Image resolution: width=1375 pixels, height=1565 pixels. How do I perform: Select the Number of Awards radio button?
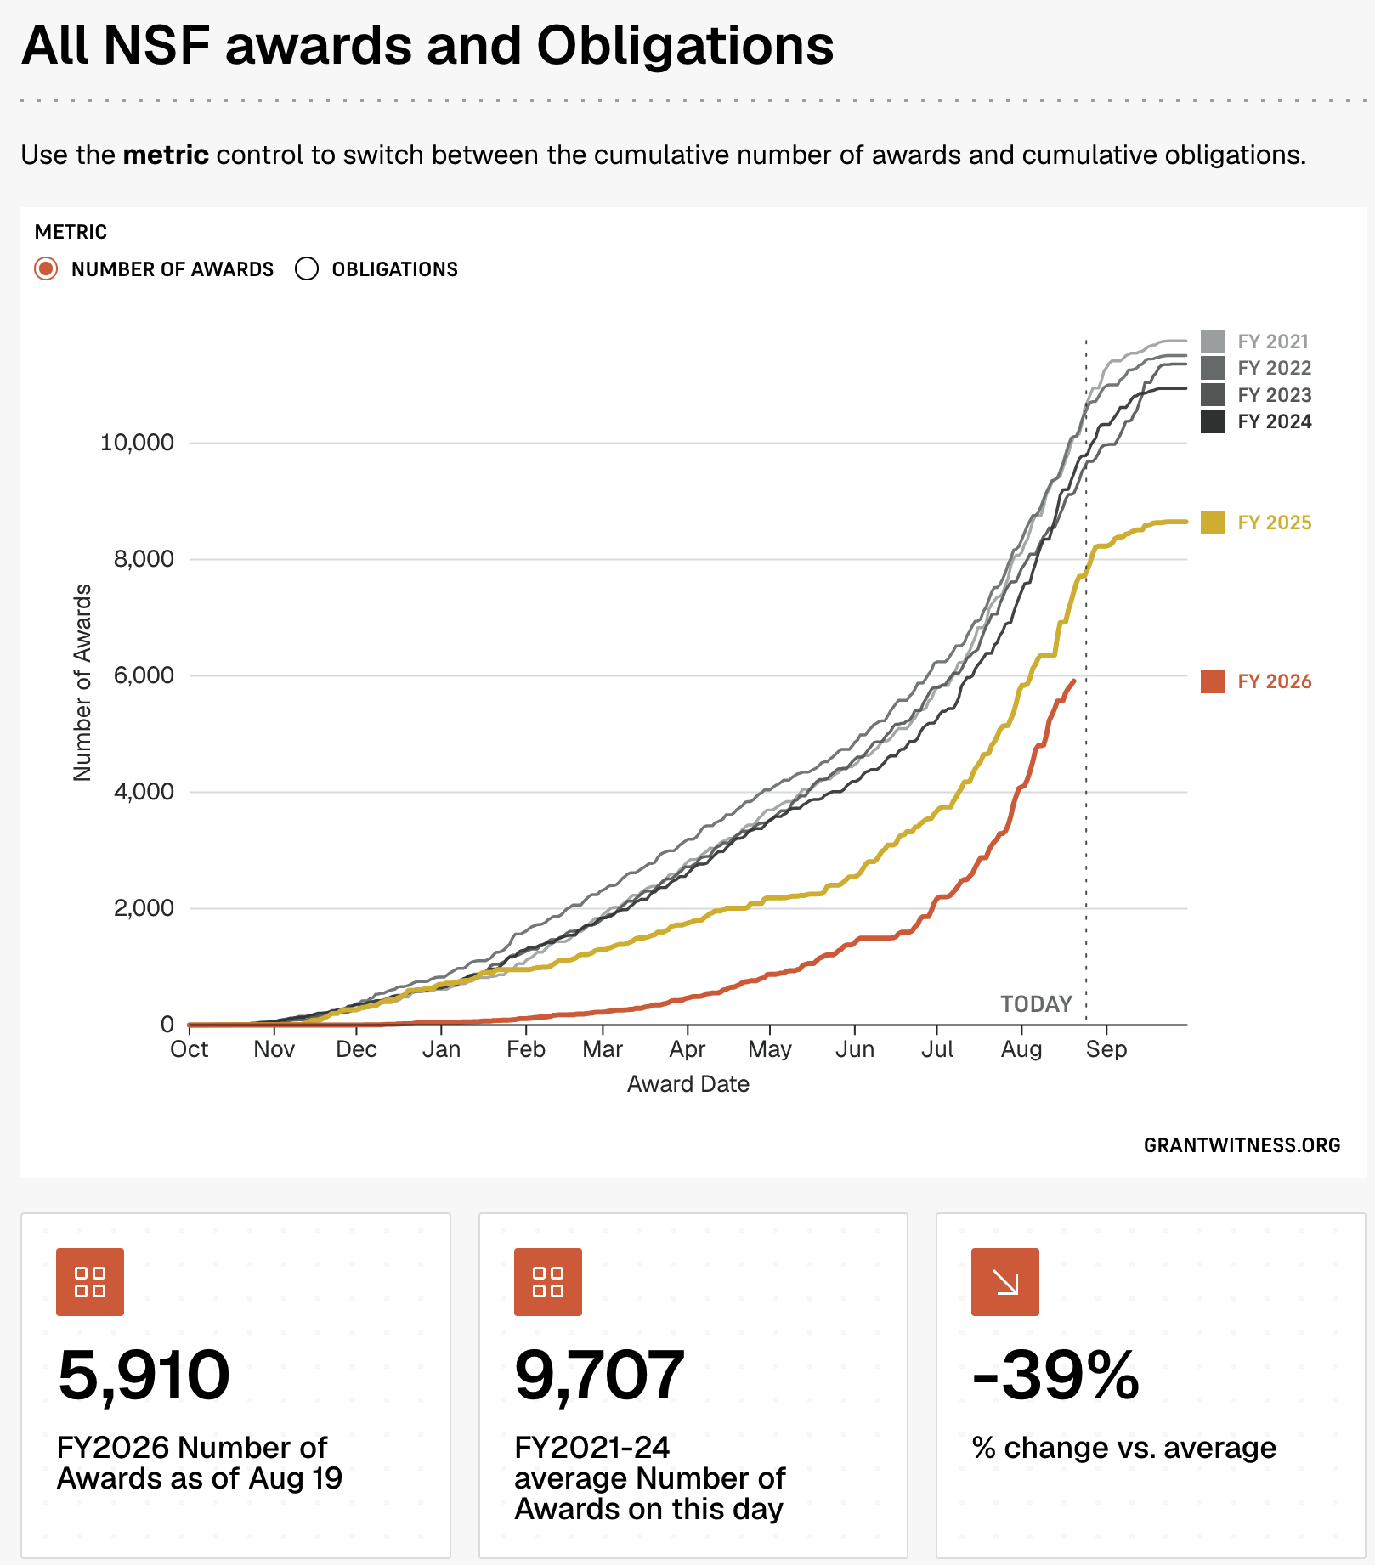tap(46, 269)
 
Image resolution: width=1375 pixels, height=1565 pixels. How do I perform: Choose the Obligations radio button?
tap(307, 269)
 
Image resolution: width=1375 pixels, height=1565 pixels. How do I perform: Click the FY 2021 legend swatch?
tap(1213, 342)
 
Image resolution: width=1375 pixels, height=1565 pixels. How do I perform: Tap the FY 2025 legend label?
tap(1275, 523)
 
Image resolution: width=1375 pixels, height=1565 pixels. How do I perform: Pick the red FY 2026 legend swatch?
tap(1213, 681)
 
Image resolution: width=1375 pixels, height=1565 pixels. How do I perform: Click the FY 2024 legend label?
tap(1275, 421)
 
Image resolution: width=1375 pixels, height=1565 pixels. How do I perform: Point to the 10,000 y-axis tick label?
tap(137, 443)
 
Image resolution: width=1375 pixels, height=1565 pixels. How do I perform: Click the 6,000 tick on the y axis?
tap(144, 675)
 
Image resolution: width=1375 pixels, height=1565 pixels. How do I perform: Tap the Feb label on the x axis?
tap(526, 1049)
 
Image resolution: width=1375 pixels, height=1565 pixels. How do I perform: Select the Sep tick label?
tap(1106, 1049)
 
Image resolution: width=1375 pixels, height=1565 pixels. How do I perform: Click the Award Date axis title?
tap(688, 1084)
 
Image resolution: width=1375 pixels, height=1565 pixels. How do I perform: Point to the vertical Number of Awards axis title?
tap(82, 682)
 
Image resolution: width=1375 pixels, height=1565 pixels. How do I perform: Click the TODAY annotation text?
tap(1037, 1004)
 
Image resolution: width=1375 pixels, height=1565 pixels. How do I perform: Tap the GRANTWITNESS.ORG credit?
tap(1242, 1145)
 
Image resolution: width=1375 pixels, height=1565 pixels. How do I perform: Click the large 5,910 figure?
tap(144, 1376)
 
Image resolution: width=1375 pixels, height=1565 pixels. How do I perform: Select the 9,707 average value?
tap(600, 1376)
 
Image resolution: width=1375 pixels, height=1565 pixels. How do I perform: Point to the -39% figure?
tap(1055, 1376)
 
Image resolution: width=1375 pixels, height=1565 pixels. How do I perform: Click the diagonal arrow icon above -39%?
tap(1005, 1282)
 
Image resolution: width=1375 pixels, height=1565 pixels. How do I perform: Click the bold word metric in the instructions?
tap(166, 155)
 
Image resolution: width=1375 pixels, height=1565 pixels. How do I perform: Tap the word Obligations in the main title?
tap(685, 46)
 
